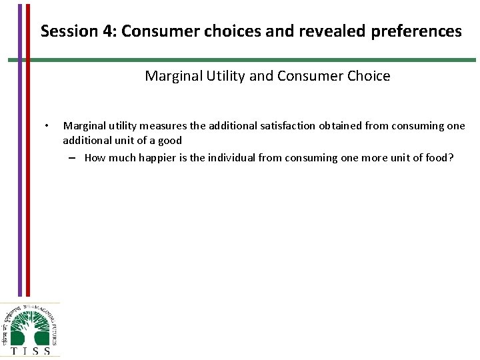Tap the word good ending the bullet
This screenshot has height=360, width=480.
[x=169, y=141]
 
